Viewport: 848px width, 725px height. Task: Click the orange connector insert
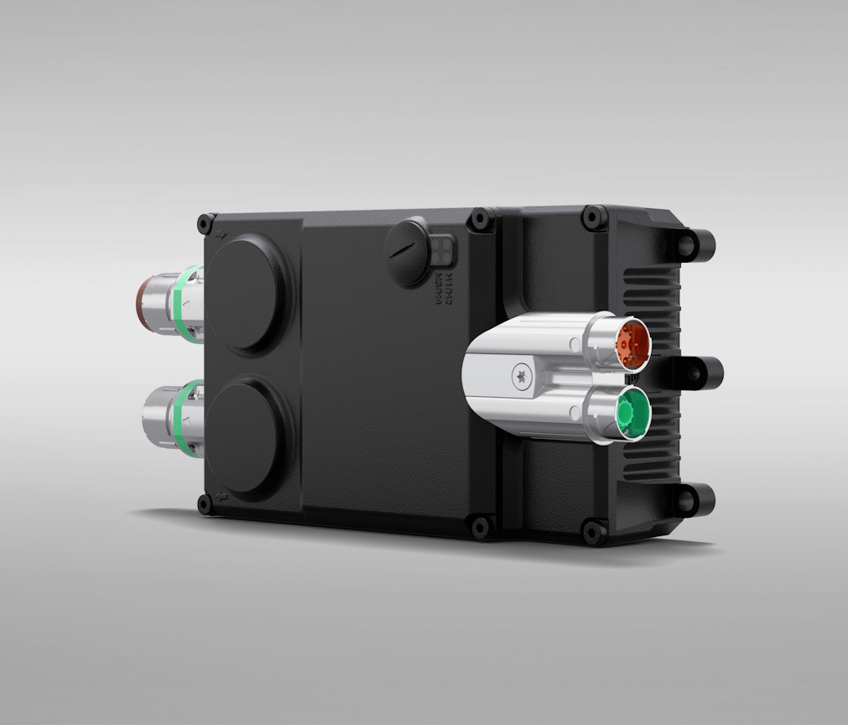[631, 342]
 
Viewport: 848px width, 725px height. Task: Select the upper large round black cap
[248, 294]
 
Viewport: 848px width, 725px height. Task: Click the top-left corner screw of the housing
[205, 224]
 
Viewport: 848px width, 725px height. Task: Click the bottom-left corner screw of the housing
[205, 504]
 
